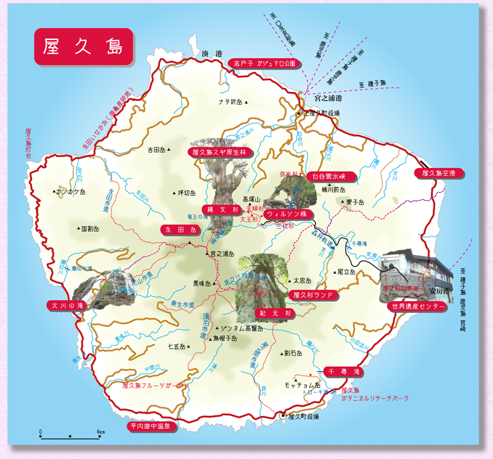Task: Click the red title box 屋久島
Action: point(83,47)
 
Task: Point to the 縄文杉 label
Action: point(222,209)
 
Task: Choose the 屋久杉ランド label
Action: point(313,295)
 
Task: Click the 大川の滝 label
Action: point(67,305)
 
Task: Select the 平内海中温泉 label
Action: point(152,426)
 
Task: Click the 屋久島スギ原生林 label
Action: point(218,151)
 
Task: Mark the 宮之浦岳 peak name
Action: point(224,253)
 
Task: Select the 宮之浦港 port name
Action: point(327,98)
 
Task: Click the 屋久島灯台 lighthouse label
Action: point(28,142)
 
